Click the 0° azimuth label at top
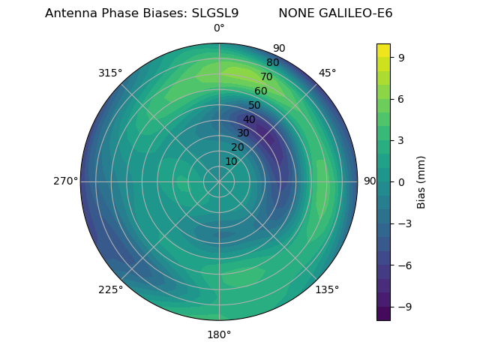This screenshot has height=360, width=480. [x=219, y=28]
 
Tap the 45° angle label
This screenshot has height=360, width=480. [x=327, y=73]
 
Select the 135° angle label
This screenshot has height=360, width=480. [x=327, y=289]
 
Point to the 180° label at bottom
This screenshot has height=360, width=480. [x=219, y=334]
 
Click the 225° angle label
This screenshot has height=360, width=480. [x=110, y=289]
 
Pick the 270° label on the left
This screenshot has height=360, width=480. [x=65, y=181]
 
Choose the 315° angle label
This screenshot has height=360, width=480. [x=110, y=73]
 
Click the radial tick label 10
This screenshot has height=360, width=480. [x=231, y=161]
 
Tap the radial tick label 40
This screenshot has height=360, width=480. [x=249, y=119]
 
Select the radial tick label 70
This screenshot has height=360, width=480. [x=266, y=76]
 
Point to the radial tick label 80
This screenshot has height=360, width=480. [x=272, y=62]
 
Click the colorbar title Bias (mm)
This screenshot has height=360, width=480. [x=421, y=181]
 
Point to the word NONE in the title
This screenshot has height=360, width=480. [x=294, y=13]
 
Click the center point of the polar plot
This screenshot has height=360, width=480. [x=219, y=181]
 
